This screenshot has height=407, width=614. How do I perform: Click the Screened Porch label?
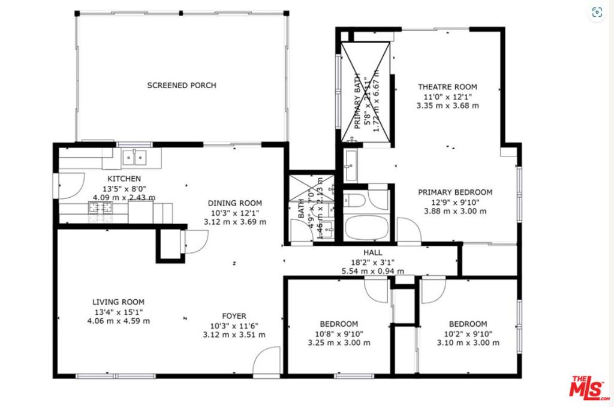pyautogui.click(x=182, y=86)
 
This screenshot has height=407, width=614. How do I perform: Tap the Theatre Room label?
pyautogui.click(x=447, y=87)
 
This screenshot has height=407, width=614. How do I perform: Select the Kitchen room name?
pyautogui.click(x=124, y=179)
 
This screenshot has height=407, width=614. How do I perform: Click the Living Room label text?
pyautogui.click(x=118, y=302)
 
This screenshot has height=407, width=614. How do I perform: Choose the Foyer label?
pyautogui.click(x=234, y=316)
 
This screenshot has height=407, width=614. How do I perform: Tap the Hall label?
pyautogui.click(x=372, y=253)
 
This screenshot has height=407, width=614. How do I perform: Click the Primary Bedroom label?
pyautogui.click(x=455, y=192)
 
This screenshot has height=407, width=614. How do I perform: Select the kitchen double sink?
pyautogui.click(x=134, y=158)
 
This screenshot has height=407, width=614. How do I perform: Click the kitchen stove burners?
pyautogui.click(x=101, y=209)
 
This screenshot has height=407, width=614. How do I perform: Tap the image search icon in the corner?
pyautogui.click(x=597, y=12)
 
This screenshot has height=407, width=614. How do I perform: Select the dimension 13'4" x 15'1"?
pyautogui.click(x=118, y=312)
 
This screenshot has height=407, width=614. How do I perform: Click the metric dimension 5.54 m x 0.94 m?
pyautogui.click(x=372, y=272)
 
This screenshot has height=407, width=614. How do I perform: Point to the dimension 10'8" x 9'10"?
pyautogui.click(x=339, y=334)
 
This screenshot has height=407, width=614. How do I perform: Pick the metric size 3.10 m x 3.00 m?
pyautogui.click(x=468, y=343)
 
